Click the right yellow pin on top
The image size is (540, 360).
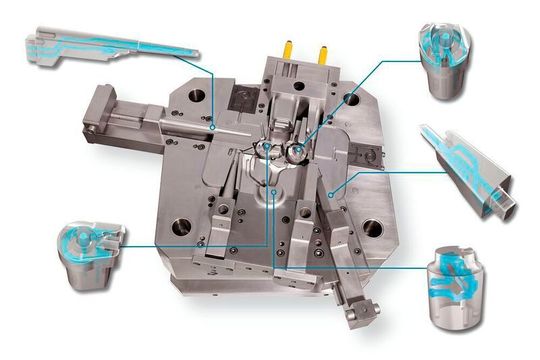pos(322,47)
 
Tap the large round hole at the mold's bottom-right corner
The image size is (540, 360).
pos(376,227)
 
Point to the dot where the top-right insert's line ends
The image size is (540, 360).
pos(303,141)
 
